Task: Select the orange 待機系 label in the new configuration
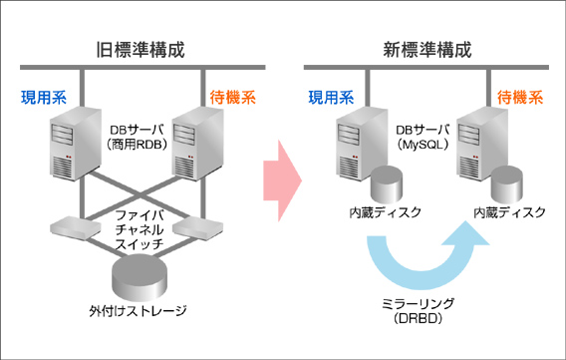pos(519,98)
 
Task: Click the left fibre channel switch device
pos(71,227)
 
